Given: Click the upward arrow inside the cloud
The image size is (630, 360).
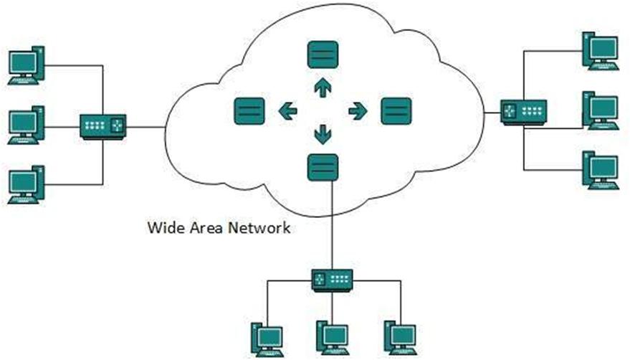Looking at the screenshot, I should coord(323,87).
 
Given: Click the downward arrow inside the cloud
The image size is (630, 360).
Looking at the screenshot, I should coord(323,133).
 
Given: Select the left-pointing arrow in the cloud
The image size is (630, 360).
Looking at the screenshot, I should coord(287,110).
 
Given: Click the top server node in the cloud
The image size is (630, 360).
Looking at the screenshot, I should coord(323,55).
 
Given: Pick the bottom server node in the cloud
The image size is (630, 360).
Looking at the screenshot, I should coord(323,167).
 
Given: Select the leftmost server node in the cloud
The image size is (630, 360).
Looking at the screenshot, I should coord(249,111).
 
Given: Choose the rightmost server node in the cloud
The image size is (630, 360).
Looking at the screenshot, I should coord(396,111).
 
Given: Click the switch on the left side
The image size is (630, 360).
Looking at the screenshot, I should coord(103,127).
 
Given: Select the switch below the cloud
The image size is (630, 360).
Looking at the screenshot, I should coord(332,278).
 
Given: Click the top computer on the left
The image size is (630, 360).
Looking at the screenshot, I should coord(26,66).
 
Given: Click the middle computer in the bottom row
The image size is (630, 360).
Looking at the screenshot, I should coord(332,338).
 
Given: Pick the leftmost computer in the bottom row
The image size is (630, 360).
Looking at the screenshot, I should coord(266,338).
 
